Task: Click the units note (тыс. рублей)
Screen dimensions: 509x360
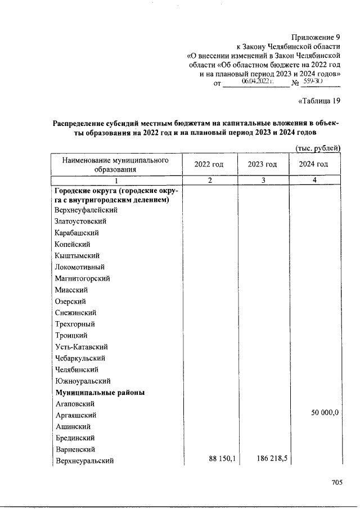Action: pyautogui.click(x=318, y=148)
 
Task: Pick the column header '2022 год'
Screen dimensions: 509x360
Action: pyautogui.click(x=209, y=164)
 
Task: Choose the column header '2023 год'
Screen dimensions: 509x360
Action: pyautogui.click(x=262, y=164)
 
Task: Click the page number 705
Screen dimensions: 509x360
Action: pyautogui.click(x=337, y=482)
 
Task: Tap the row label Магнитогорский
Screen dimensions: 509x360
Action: pyautogui.click(x=82, y=278)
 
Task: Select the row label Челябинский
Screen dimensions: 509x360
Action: pyautogui.click(x=77, y=370)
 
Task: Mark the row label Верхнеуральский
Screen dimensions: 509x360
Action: pyautogui.click(x=84, y=461)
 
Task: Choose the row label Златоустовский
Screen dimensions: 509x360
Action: pyautogui.click(x=80, y=222)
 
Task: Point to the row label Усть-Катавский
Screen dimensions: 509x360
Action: pyautogui.click(x=81, y=347)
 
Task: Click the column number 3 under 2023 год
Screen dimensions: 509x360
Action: pyautogui.click(x=262, y=181)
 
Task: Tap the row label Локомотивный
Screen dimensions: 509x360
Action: pyautogui.click(x=80, y=267)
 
